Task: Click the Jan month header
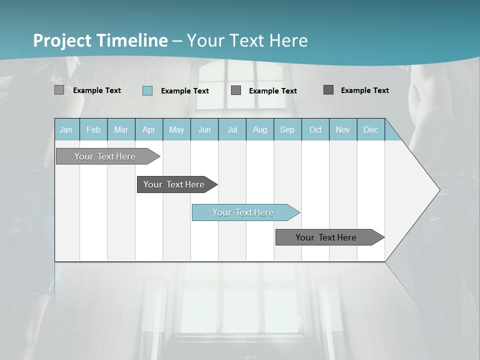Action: [x=66, y=129]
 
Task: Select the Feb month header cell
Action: [x=93, y=129]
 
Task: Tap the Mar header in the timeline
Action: [x=121, y=129]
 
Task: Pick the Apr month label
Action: [x=149, y=129]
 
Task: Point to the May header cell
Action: [x=176, y=129]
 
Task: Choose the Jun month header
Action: [x=204, y=129]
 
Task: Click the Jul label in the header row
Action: [x=232, y=129]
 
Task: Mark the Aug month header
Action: [x=260, y=129]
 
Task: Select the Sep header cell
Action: [x=287, y=129]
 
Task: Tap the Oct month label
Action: [x=315, y=129]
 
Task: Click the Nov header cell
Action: [x=343, y=129]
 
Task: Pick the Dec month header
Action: [x=371, y=129]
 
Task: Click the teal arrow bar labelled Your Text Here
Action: [x=243, y=212]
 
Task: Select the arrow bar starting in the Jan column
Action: [x=105, y=156]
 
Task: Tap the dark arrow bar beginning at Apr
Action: [x=174, y=184]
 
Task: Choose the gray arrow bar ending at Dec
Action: [x=326, y=237]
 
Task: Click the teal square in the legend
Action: [x=147, y=90]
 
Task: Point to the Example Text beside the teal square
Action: [x=185, y=91]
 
